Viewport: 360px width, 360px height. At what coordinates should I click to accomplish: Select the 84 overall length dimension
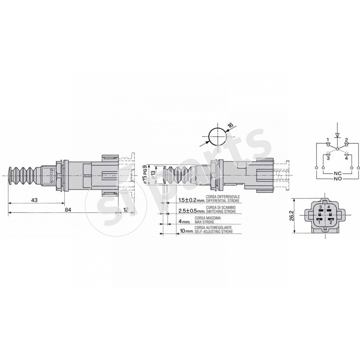[x=68, y=210]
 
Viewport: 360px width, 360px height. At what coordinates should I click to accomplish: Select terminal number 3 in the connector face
[x=319, y=207]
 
